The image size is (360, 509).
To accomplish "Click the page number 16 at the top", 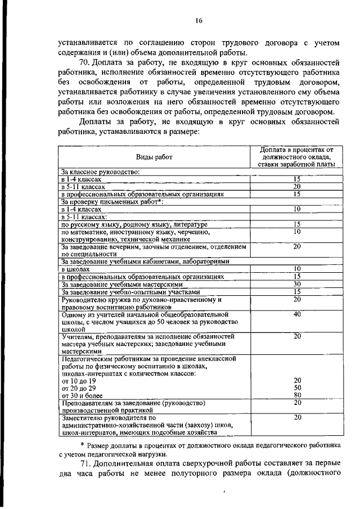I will coord(199,21).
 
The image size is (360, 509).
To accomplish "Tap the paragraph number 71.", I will coord(85,463).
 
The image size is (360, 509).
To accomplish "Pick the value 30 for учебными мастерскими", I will coord(297,285).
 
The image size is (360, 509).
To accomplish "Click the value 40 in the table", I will coord(297,314).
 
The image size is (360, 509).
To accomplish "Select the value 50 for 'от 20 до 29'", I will coord(297,388).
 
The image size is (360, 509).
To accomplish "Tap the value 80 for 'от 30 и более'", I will coord(297,395).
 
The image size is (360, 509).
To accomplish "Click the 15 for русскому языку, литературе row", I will coord(297,224).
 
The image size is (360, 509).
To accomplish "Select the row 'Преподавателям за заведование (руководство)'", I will coord(133,403).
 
